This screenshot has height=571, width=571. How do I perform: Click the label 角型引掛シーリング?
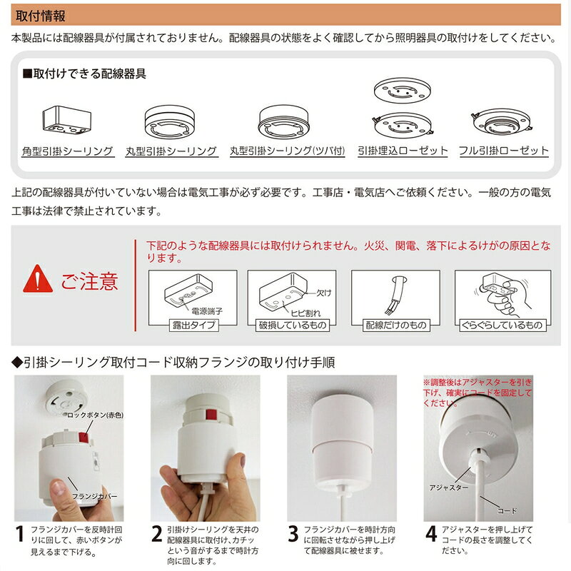click(67, 151)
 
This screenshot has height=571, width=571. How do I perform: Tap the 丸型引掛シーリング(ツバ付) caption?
click(287, 151)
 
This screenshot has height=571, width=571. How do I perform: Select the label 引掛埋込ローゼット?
click(403, 151)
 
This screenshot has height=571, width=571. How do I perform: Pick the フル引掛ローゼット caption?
click(504, 151)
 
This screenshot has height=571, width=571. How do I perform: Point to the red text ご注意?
click(89, 281)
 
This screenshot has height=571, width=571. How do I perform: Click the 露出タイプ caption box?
click(191, 325)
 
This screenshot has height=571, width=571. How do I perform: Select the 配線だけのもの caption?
click(395, 325)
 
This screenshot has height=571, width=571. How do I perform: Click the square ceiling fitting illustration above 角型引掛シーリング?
click(66, 121)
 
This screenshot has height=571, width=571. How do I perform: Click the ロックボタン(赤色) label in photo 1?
click(92, 415)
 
